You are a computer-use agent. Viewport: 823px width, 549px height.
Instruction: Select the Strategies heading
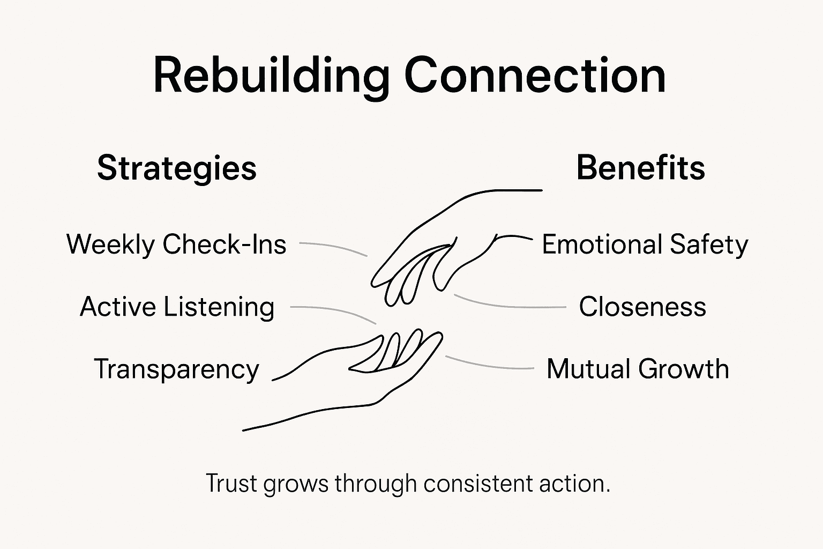tap(177, 168)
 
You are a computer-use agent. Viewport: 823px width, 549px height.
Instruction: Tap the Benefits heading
tap(640, 168)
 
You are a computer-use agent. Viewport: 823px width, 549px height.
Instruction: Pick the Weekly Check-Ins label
tap(176, 244)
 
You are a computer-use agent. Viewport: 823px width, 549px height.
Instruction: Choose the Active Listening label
tap(177, 307)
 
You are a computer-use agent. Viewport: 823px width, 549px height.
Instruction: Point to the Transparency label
tap(176, 369)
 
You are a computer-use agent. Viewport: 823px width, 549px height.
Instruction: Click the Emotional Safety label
tap(645, 245)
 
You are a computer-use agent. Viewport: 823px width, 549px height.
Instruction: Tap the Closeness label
tap(642, 307)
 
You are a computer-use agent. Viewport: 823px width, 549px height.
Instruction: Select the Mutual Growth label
tap(638, 369)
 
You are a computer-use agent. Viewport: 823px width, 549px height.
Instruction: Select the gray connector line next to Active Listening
tap(335, 310)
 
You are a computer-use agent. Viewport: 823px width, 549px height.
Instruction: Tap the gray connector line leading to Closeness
tap(509, 306)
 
